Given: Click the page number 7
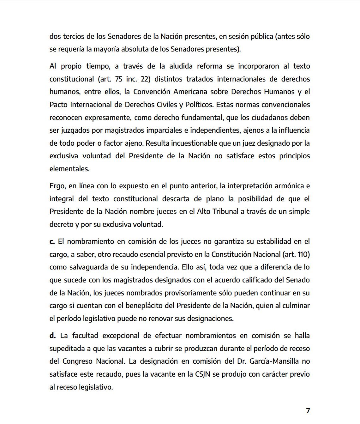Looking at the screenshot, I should click(x=308, y=410).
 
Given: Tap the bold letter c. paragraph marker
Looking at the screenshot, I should click(x=52, y=242).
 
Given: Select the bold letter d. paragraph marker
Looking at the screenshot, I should click(x=52, y=336).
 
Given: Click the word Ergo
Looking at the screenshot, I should click(x=57, y=186).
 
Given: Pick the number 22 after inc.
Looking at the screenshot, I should click(x=145, y=79).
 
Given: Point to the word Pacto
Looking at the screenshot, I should click(x=58, y=105).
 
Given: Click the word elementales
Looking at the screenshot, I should click(x=69, y=169).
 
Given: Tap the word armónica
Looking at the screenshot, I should click(x=291, y=186).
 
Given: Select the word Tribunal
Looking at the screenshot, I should click(x=225, y=211).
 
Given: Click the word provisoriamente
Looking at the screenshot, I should click(x=191, y=293).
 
